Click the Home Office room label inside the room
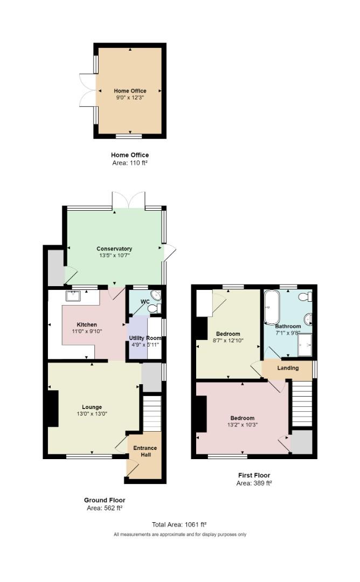pos(130,91)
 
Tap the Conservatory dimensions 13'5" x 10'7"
pos(114,255)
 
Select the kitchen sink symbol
pos(73,296)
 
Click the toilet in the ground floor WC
pos(153,308)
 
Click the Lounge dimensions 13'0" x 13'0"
pos(92,414)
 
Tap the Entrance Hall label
pos(146,452)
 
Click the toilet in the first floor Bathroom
pos(306,296)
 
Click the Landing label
pos(288,368)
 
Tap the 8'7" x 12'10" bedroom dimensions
pos(228,341)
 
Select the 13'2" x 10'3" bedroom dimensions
pos(243,425)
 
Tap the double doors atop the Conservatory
pos(129,200)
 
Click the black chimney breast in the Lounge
pos(53,408)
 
